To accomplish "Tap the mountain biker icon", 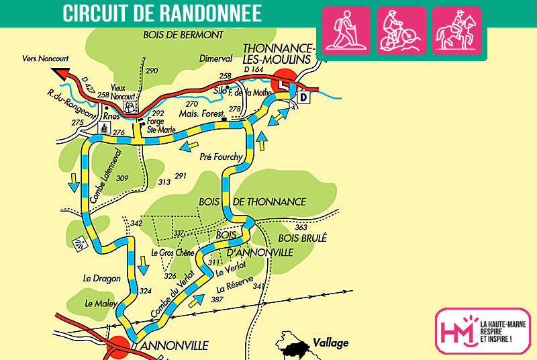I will [x=401, y=30].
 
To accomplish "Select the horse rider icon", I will [x=456, y=30].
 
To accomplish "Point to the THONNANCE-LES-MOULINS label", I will [x=278, y=54].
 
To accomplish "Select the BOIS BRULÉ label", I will [x=303, y=237].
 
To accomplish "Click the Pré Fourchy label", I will [x=221, y=157].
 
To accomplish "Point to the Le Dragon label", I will [x=101, y=278].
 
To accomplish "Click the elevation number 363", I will [x=301, y=227].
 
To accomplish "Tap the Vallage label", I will [x=330, y=343].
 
